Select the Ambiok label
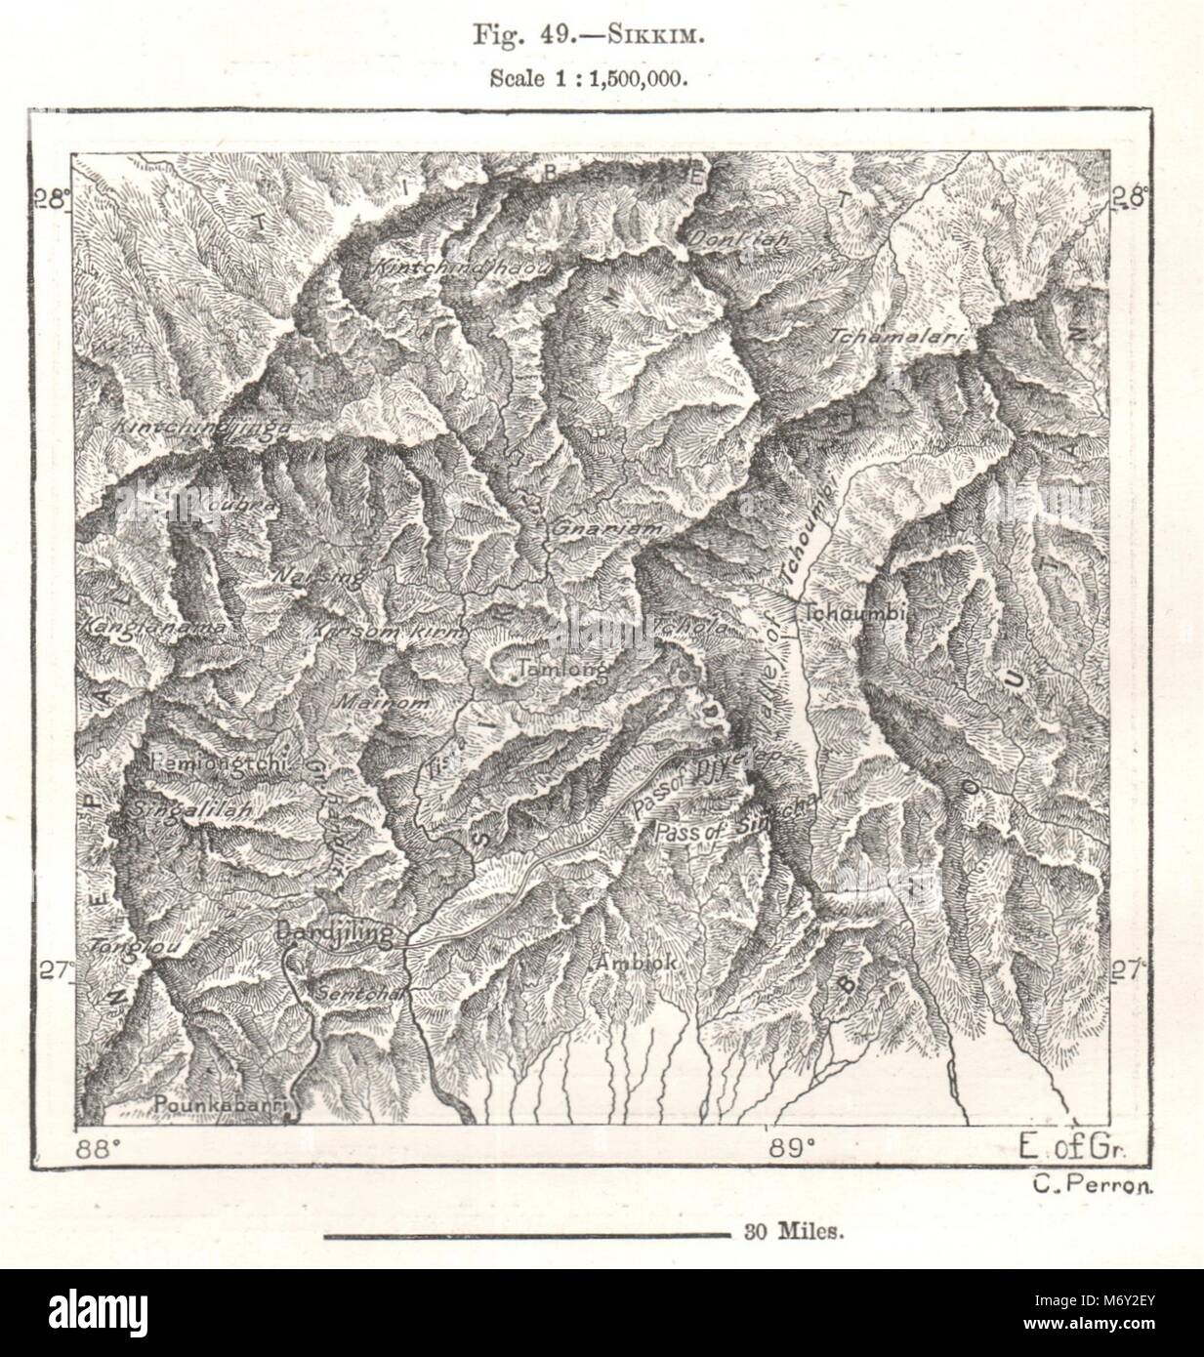pos(635,962)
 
